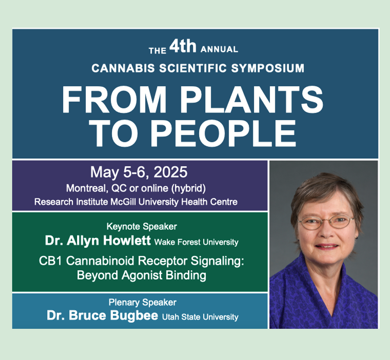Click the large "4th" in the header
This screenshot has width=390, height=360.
pos(183,46)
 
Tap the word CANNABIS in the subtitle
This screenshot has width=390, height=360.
pos(123,68)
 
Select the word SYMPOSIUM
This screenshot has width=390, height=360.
pos(268,68)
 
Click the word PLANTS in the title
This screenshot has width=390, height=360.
pos(251,100)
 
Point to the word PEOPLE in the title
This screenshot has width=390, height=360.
pos(223,133)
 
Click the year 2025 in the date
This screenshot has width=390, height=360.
pos(170,172)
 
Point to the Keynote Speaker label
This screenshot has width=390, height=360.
pos(142,227)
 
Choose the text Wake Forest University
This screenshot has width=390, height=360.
pos(196,242)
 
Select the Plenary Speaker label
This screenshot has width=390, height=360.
pos(143,302)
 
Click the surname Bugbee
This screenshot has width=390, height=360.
pos(134,315)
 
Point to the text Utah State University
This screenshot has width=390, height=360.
pos(200,317)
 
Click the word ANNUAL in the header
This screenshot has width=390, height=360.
pos(219,49)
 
